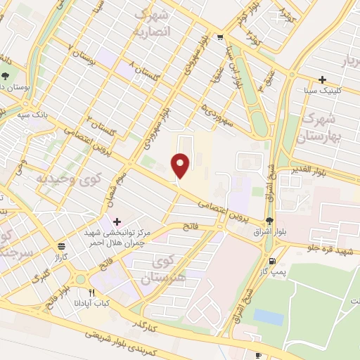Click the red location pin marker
coord(181,165)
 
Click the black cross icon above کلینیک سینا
coord(323,80)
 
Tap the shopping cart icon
coord(221,37)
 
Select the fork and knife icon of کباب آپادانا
coord(91,292)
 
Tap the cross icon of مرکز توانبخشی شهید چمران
coord(117,222)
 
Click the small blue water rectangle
coord(269,316)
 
